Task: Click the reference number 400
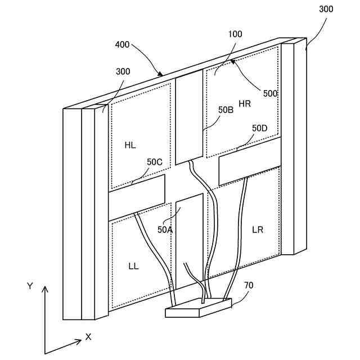click(123, 44)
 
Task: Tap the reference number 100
click(235, 34)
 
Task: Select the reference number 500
click(270, 93)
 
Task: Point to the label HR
click(245, 103)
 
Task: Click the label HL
click(130, 145)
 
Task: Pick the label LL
click(133, 265)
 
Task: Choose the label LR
click(258, 229)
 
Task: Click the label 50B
click(226, 110)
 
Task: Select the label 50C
click(155, 162)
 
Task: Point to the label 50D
click(260, 128)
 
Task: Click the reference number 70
click(248, 285)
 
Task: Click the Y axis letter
click(30, 286)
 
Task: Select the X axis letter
click(88, 336)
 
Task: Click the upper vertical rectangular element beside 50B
click(189, 118)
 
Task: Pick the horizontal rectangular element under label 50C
click(137, 191)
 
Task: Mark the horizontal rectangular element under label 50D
click(249, 161)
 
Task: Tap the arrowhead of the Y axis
click(46, 289)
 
